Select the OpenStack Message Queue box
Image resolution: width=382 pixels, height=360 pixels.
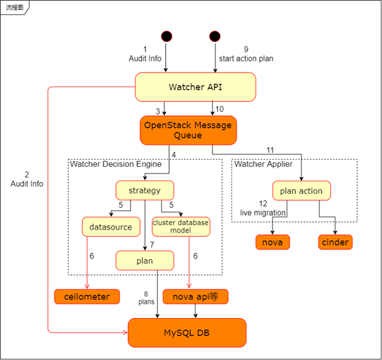click(187, 130)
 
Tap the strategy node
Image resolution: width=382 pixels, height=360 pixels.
click(145, 190)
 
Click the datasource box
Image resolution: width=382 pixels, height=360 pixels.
click(111, 227)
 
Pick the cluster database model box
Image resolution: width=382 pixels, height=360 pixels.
click(181, 226)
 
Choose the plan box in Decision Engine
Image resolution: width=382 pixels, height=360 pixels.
click(145, 261)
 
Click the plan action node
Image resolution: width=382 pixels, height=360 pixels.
click(301, 191)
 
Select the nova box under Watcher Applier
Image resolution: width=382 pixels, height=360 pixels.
click(272, 242)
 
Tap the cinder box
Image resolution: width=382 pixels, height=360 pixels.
click(335, 242)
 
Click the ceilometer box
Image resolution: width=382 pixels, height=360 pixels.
click(87, 297)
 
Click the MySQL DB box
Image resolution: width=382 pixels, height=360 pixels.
click(187, 333)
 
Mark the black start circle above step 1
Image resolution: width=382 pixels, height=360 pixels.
click(166, 35)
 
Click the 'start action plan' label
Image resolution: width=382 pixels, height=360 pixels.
click(246, 58)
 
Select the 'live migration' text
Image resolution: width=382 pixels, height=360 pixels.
click(263, 213)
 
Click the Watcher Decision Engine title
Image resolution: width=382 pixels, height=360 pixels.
click(115, 164)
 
